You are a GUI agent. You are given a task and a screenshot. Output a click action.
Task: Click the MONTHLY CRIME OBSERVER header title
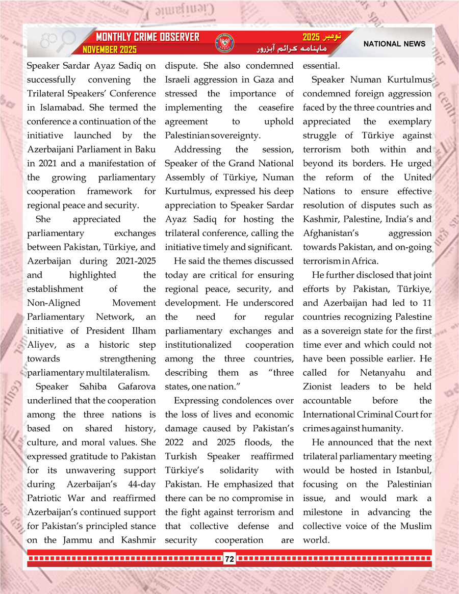[147, 38]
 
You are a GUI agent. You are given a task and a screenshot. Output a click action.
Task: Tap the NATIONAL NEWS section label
[394, 44]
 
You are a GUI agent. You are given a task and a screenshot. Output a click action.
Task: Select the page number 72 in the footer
[229, 559]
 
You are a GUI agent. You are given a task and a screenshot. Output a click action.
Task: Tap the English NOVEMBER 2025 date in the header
[110, 50]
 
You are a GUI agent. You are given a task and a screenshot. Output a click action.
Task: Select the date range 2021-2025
[128, 261]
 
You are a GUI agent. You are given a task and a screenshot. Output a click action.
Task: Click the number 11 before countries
[427, 303]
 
